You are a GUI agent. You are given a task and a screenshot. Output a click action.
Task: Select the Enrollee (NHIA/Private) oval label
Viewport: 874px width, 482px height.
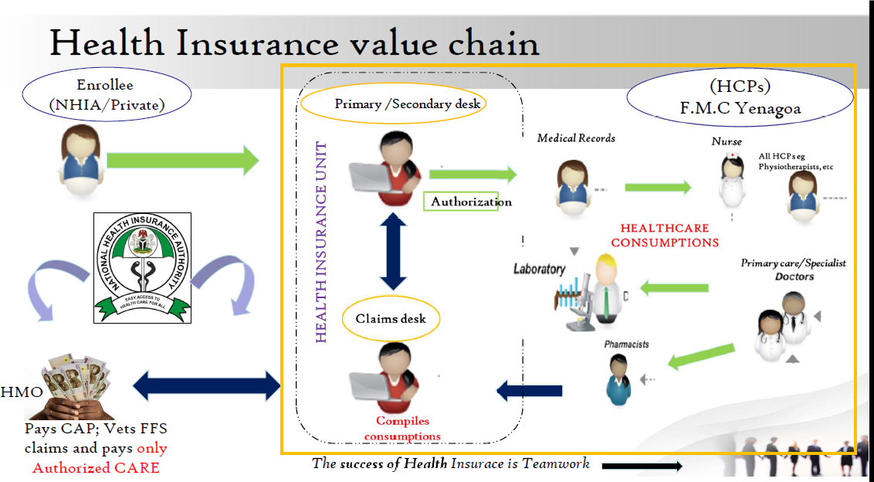(x=107, y=94)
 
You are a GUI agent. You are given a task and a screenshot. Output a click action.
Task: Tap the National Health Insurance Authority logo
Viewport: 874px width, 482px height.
(x=141, y=267)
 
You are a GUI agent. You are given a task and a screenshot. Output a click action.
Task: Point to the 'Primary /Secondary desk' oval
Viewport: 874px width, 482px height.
(x=393, y=104)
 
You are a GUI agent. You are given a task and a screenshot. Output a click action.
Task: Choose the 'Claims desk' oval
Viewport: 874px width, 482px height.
(x=391, y=318)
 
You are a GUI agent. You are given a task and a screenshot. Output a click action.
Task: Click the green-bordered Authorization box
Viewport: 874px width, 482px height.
(x=471, y=202)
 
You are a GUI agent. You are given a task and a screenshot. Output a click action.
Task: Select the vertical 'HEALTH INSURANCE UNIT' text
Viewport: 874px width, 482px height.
(x=322, y=242)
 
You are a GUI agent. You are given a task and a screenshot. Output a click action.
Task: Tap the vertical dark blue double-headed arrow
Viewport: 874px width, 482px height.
(x=393, y=251)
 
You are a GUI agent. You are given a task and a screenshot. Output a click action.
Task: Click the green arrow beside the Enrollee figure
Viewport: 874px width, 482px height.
(x=183, y=160)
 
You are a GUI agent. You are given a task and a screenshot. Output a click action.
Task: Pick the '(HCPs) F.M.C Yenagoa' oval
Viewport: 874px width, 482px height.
(x=740, y=98)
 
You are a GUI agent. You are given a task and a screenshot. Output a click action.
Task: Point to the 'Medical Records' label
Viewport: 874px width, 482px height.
(x=576, y=138)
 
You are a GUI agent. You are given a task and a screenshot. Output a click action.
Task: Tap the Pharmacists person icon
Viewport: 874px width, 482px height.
(x=618, y=378)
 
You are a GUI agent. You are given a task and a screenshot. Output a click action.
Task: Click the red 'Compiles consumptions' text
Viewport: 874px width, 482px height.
(x=402, y=429)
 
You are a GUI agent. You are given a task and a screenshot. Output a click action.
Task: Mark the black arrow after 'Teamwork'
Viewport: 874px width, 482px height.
(x=642, y=466)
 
